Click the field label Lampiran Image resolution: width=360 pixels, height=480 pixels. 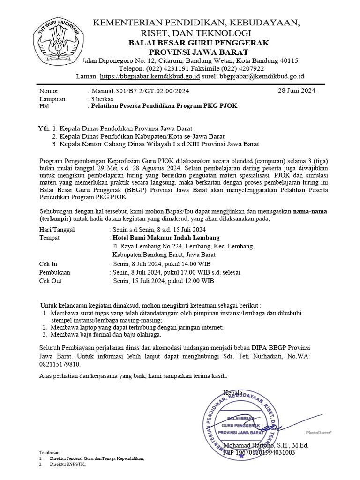tap(52, 99)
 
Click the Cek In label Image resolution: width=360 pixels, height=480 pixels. tap(48, 264)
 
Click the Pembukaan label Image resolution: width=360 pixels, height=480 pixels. tap(55, 272)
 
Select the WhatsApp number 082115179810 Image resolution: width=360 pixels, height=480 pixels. tap(60, 364)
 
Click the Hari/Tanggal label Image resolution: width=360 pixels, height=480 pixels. tap(57, 230)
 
